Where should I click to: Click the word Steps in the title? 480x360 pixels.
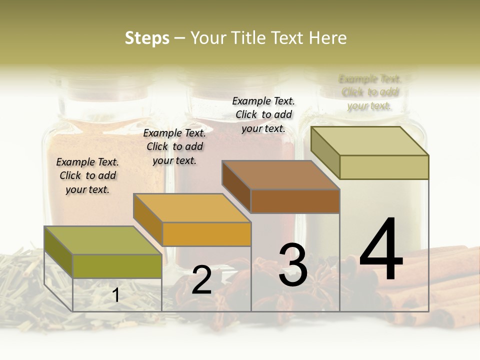[147, 38]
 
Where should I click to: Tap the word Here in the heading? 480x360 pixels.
[327, 38]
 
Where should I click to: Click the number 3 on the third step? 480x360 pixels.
[293, 265]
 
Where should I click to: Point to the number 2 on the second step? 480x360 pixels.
[201, 279]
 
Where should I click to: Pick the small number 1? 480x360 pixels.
[116, 295]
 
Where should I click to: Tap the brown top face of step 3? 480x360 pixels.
[280, 175]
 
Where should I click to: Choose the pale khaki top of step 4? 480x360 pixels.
[369, 141]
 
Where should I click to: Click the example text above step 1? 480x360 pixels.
[87, 175]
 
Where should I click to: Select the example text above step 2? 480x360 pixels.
[174, 146]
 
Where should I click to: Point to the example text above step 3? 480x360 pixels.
[263, 114]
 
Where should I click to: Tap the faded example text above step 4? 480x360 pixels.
[370, 92]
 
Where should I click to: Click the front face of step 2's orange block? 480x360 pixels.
[206, 234]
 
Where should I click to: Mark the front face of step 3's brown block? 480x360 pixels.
[295, 201]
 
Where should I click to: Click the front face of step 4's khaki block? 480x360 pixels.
[384, 167]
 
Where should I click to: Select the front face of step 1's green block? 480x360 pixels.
[117, 266]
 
